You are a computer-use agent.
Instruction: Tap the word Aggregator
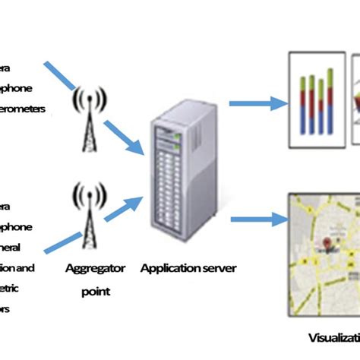90,268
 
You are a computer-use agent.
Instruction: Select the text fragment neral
17,247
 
